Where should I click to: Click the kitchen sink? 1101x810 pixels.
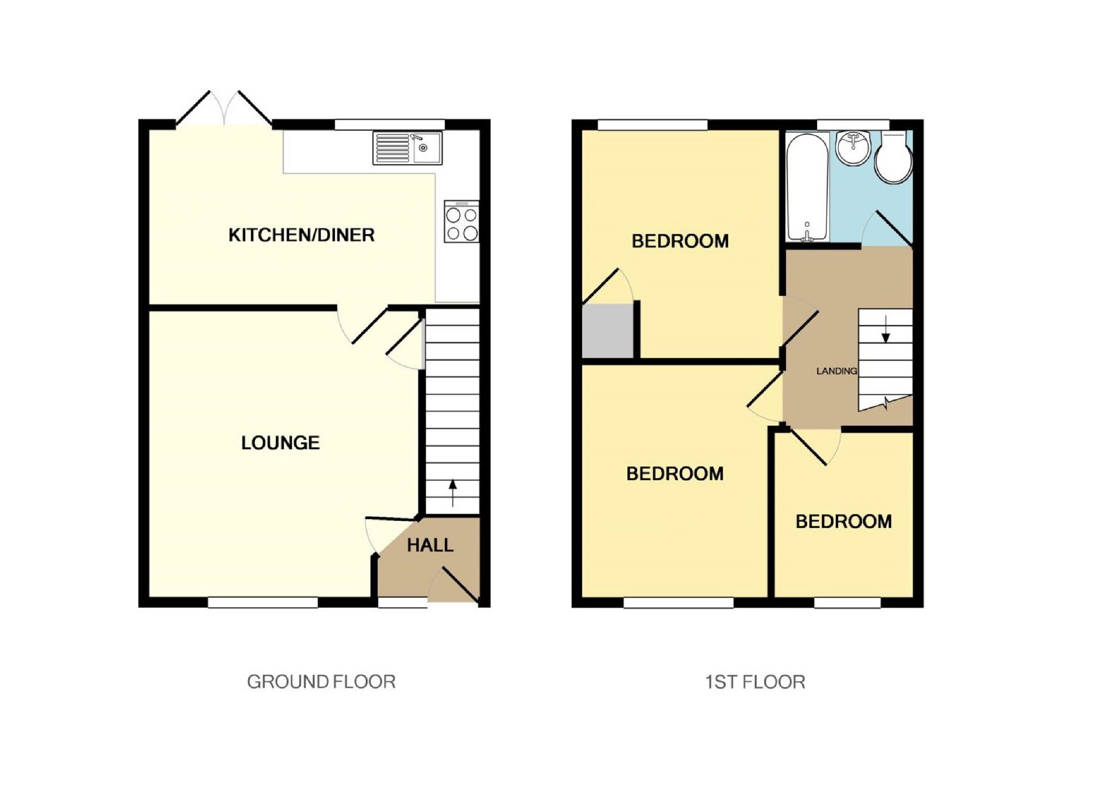[x=408, y=148]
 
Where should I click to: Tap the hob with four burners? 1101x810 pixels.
[x=462, y=222]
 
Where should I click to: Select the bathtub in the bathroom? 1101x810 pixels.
[x=807, y=187]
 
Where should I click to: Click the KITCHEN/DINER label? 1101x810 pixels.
[x=301, y=235]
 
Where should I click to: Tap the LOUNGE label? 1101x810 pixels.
[x=280, y=443]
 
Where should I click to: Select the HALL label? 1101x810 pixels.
[x=430, y=545]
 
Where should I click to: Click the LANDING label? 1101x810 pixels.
[x=836, y=371]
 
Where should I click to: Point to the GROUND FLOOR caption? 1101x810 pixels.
[x=321, y=682]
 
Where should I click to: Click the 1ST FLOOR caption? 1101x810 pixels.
[x=755, y=682]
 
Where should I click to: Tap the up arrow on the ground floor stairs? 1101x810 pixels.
[x=452, y=493]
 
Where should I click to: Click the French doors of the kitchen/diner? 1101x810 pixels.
[x=224, y=109]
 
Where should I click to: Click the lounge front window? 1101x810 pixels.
[x=263, y=602]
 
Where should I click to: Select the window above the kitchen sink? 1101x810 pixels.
[x=389, y=124]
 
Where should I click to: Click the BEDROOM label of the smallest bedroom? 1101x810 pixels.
[x=843, y=522]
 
